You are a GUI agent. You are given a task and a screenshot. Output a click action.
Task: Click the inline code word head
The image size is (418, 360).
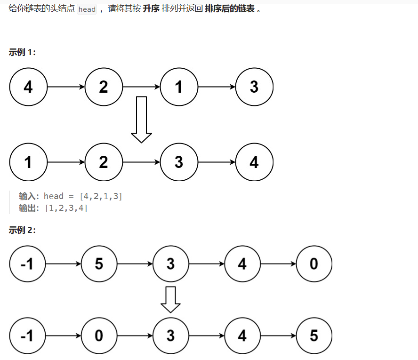click(87, 9)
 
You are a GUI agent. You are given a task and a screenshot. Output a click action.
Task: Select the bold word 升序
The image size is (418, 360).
click(151, 9)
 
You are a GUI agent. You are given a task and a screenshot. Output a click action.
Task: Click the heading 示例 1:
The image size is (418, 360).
click(22, 52)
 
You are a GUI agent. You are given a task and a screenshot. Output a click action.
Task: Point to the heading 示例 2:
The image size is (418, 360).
click(22, 230)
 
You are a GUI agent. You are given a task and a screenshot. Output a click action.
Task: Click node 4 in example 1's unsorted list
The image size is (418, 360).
click(28, 87)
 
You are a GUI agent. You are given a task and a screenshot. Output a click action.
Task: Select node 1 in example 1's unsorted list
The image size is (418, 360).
click(179, 87)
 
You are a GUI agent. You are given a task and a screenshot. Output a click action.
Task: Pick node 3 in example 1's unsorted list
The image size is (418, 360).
click(254, 87)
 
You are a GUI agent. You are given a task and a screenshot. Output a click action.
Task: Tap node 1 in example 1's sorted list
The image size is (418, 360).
click(28, 162)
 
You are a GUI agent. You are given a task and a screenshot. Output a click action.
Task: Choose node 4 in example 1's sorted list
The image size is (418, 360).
click(254, 162)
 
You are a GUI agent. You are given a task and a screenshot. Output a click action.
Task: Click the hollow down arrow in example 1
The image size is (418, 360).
click(141, 119)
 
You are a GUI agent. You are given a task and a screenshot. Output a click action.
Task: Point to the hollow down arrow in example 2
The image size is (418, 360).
click(170, 299)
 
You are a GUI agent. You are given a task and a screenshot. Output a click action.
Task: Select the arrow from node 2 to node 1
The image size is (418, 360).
click(141, 87)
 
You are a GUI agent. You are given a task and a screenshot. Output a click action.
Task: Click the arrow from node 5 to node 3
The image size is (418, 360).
click(135, 264)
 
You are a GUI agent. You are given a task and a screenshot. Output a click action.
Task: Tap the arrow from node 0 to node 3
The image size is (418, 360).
click(135, 336)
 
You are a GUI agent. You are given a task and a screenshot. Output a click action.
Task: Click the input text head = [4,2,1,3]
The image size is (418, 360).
click(83, 196)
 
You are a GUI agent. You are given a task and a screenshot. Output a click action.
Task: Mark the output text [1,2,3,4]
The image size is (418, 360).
click(66, 208)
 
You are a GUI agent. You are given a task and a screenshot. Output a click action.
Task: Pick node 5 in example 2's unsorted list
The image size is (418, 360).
click(99, 264)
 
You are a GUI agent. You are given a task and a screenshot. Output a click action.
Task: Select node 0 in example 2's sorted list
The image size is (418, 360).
click(99, 336)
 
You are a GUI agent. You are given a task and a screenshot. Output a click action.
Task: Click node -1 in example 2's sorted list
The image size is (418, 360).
click(27, 336)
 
